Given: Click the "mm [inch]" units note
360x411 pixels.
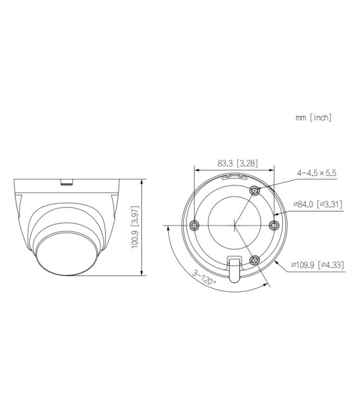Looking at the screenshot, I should pyautogui.click(x=313, y=118).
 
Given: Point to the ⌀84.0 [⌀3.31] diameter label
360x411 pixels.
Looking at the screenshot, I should pyautogui.click(x=318, y=204).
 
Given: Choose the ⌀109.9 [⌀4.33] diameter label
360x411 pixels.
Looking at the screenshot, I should pyautogui.click(x=318, y=265).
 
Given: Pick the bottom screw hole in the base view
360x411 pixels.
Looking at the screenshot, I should pyautogui.click(x=255, y=259).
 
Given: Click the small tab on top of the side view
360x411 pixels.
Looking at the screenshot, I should pyautogui.click(x=65, y=182).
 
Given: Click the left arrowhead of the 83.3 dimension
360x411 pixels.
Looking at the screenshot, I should pyautogui.click(x=196, y=170).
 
